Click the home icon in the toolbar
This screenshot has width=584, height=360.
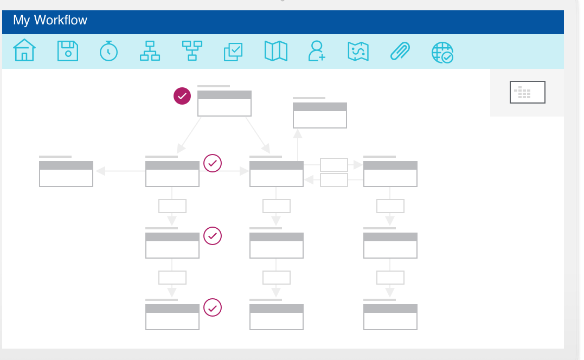[x=24, y=50]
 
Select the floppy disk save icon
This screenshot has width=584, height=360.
[x=68, y=51]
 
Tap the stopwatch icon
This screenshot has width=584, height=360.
[x=109, y=50]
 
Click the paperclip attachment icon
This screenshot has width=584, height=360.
[x=400, y=51]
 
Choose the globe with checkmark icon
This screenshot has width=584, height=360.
[x=442, y=53]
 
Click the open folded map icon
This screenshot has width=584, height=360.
[x=276, y=51]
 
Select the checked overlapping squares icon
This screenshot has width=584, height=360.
[x=234, y=52]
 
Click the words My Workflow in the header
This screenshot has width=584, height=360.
[x=50, y=20]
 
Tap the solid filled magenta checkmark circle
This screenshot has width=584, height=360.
[x=182, y=96]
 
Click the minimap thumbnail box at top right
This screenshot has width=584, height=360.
[x=528, y=92]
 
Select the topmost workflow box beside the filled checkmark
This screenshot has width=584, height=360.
[x=224, y=103]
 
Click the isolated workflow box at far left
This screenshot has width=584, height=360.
[x=66, y=174]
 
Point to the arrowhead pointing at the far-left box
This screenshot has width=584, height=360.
[x=100, y=171]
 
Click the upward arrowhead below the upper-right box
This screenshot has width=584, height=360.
[x=297, y=134]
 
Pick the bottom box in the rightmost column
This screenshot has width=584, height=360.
[x=390, y=317]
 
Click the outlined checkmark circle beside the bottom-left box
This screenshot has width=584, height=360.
[x=213, y=307]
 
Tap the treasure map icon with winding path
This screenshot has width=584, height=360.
[x=358, y=51]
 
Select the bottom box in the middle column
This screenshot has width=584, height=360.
[x=277, y=317]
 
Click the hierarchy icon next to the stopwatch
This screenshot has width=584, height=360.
[x=150, y=50]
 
